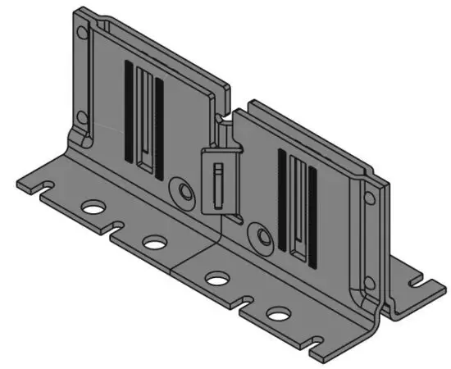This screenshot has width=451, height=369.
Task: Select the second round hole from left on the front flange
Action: (153, 242)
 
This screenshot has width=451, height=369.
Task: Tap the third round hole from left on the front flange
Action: (216, 279)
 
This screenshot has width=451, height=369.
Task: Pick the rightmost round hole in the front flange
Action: (278, 313)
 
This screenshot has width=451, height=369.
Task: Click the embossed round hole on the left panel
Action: (180, 192)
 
